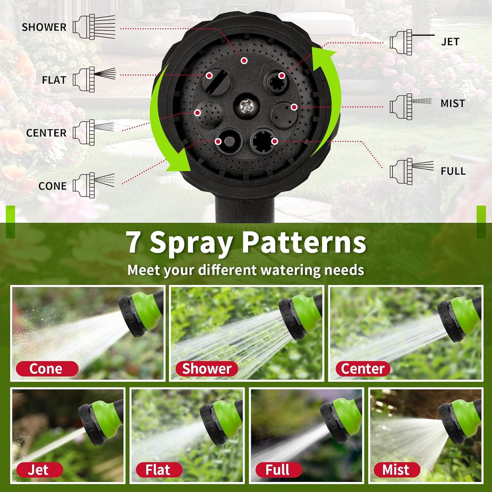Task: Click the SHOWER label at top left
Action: point(44,27)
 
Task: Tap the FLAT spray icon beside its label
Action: point(94,80)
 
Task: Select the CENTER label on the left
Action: point(46,133)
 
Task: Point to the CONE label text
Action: point(52,186)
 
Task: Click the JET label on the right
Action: point(450,42)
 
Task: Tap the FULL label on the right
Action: point(453,171)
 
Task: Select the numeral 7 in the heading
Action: point(134,242)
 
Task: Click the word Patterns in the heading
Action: point(304,242)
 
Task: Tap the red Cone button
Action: point(47,369)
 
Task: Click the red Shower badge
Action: point(207,369)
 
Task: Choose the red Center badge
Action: point(363,369)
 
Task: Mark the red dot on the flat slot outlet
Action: point(209,75)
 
